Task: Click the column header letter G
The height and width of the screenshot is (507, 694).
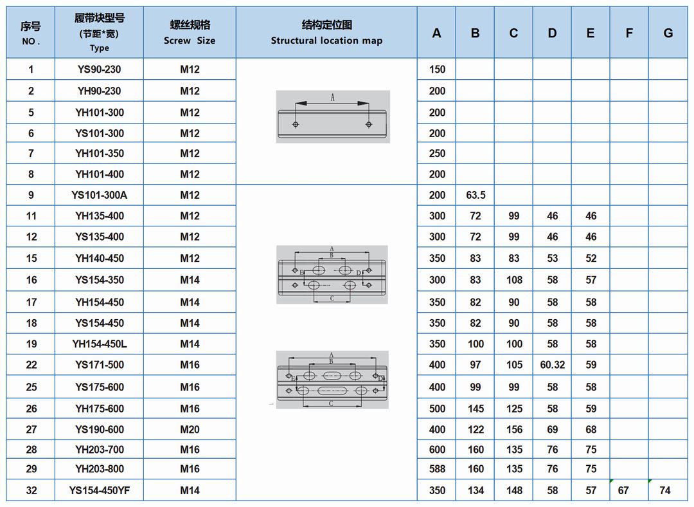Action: click(x=668, y=33)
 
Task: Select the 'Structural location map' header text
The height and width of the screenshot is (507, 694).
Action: click(x=326, y=41)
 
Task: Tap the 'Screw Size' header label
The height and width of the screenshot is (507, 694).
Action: click(x=190, y=41)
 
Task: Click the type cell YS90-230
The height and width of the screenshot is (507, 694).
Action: click(x=99, y=69)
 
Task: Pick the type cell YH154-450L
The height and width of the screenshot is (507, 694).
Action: click(x=100, y=344)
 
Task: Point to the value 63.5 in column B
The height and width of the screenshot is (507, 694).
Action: click(x=476, y=195)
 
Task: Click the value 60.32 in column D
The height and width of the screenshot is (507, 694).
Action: click(x=553, y=365)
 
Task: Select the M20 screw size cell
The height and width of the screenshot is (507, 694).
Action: click(x=190, y=429)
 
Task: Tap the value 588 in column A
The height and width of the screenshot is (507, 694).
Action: click(x=437, y=469)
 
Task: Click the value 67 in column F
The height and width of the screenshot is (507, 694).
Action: click(x=623, y=491)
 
